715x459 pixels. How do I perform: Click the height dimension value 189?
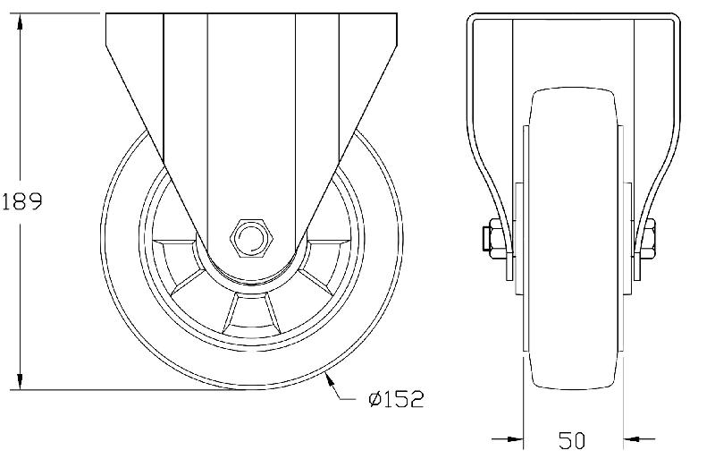pyautogui.click(x=22, y=202)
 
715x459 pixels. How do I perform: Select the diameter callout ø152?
pyautogui.click(x=394, y=398)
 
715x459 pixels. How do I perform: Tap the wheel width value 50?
pyautogui.click(x=573, y=439)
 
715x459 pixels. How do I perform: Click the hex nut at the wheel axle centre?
pyautogui.click(x=250, y=237)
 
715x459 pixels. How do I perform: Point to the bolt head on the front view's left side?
pyautogui.click(x=491, y=239)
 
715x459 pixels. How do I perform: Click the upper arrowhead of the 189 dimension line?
pyautogui.click(x=21, y=21)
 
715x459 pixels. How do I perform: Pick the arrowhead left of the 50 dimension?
pyautogui.click(x=513, y=438)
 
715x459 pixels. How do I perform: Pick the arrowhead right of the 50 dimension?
pyautogui.click(x=633, y=438)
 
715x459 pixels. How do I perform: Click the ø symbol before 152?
pyautogui.click(x=375, y=398)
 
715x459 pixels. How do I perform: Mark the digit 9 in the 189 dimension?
pyautogui.click(x=35, y=202)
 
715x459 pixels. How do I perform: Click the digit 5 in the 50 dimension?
pyautogui.click(x=565, y=439)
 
